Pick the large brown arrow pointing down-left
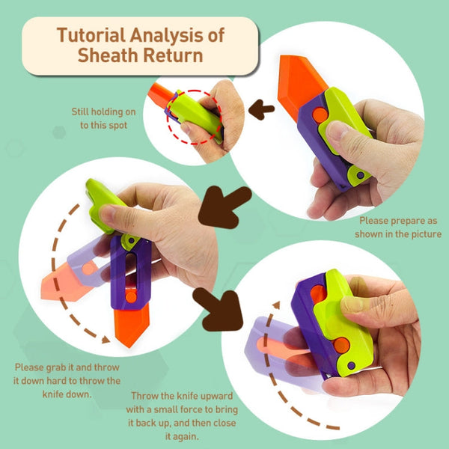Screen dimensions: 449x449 (224, 206)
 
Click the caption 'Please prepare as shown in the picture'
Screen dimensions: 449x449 (400, 227)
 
